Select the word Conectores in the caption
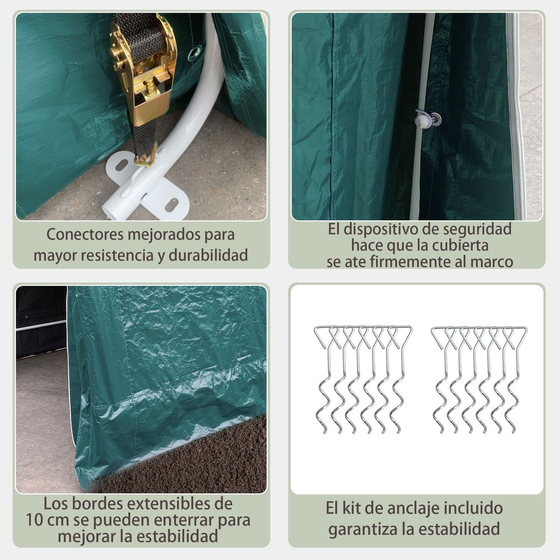85,234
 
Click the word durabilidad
208,255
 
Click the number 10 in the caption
35,520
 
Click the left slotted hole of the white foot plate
121,166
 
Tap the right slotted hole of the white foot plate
172,204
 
